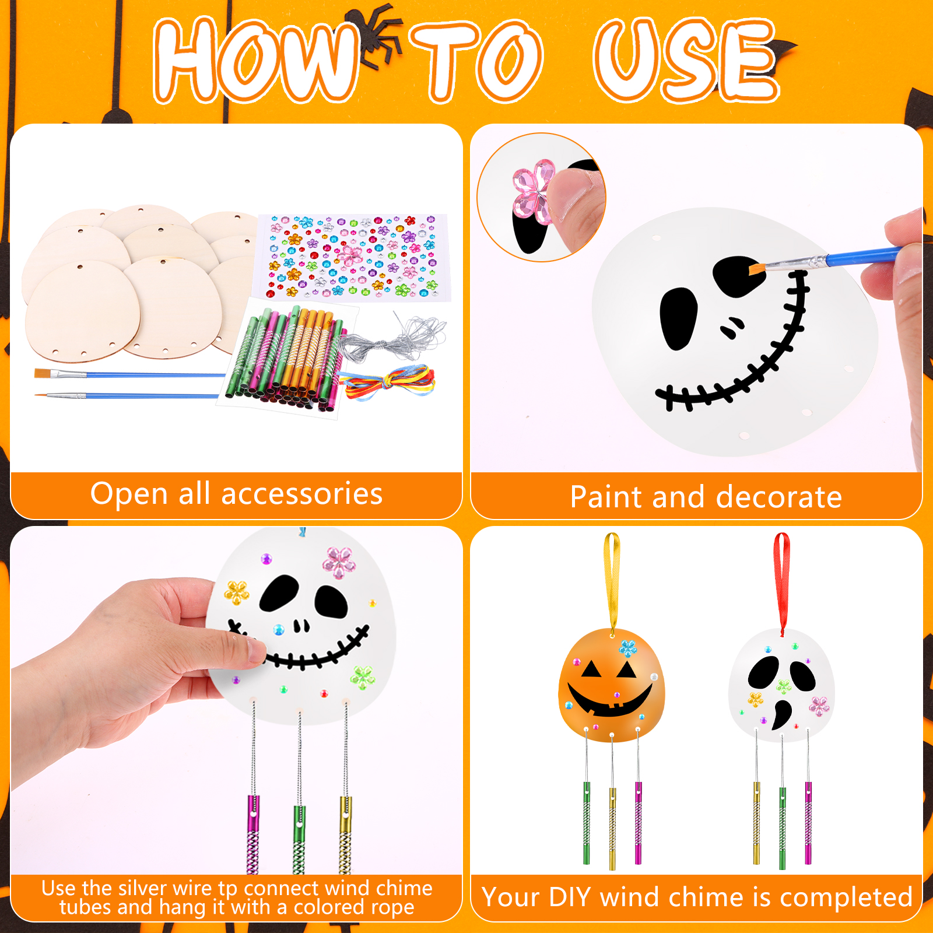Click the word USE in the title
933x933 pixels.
686,59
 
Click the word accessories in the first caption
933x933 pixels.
301,493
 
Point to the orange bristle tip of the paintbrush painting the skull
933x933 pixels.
756,269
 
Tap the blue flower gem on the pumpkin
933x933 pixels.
627,648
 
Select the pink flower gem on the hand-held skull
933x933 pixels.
339,562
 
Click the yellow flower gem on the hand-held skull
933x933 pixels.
236,592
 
